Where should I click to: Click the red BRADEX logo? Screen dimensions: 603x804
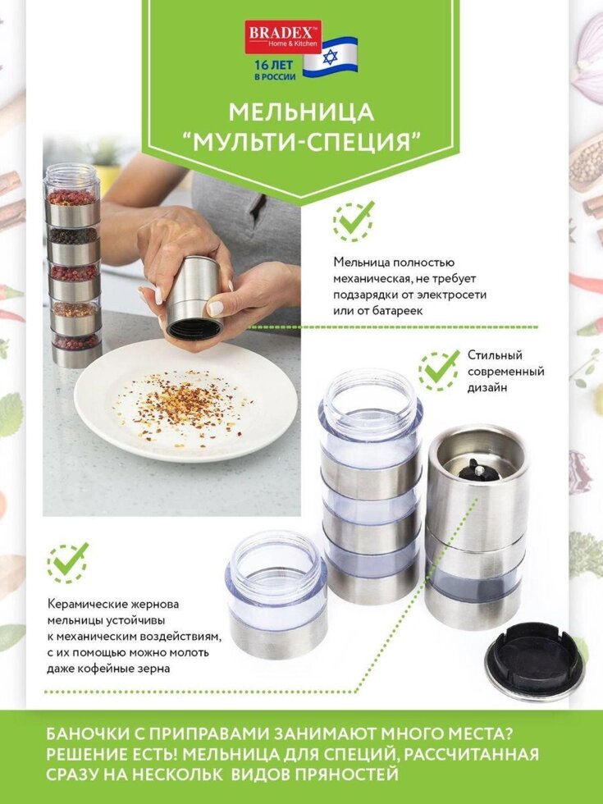[283, 37]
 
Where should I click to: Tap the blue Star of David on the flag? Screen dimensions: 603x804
[330, 57]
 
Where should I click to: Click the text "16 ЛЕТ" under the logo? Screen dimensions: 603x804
[274, 65]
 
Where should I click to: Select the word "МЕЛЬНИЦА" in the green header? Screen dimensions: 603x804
[302, 112]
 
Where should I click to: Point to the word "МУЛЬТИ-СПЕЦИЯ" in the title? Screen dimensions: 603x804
[302, 141]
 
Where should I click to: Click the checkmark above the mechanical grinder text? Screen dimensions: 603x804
[354, 221]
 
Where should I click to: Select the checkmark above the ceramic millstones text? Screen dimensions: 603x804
[67, 563]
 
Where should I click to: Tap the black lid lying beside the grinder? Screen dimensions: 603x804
[534, 660]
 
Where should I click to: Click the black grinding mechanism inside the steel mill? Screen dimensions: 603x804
[478, 470]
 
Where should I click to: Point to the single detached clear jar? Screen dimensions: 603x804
[277, 594]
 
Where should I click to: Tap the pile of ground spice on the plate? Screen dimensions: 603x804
[181, 405]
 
